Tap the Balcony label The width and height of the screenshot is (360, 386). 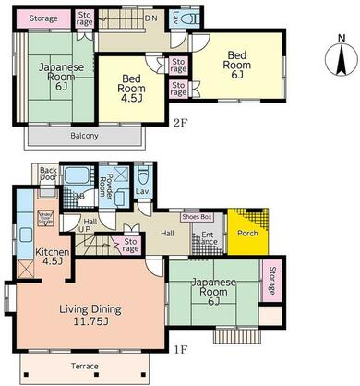(x=83, y=136)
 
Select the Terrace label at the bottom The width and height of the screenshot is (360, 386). (x=83, y=367)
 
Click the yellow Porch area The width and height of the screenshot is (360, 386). (x=246, y=232)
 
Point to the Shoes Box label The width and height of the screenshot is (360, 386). (x=197, y=217)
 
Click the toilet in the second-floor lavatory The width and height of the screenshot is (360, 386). (x=186, y=18)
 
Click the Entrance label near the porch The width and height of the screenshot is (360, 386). (x=208, y=238)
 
